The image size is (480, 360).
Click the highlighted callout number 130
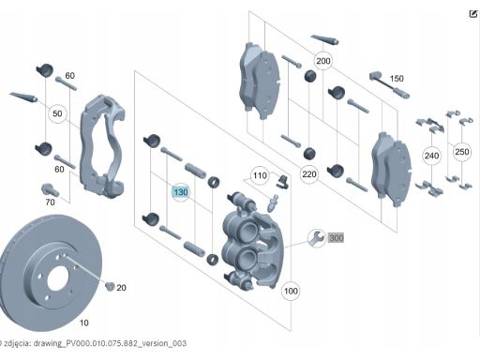[x=181, y=192]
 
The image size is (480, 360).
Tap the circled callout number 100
[x=291, y=291]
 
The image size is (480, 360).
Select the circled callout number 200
[x=322, y=61]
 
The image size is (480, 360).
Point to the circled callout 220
[x=309, y=174]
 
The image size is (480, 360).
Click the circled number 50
[x=57, y=113]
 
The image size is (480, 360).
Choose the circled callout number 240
[x=431, y=156]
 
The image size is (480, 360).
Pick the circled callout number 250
[x=461, y=152]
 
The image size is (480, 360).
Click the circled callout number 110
[x=260, y=175]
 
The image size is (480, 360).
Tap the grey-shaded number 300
[x=337, y=238]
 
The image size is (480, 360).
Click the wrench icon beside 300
[x=317, y=238]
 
